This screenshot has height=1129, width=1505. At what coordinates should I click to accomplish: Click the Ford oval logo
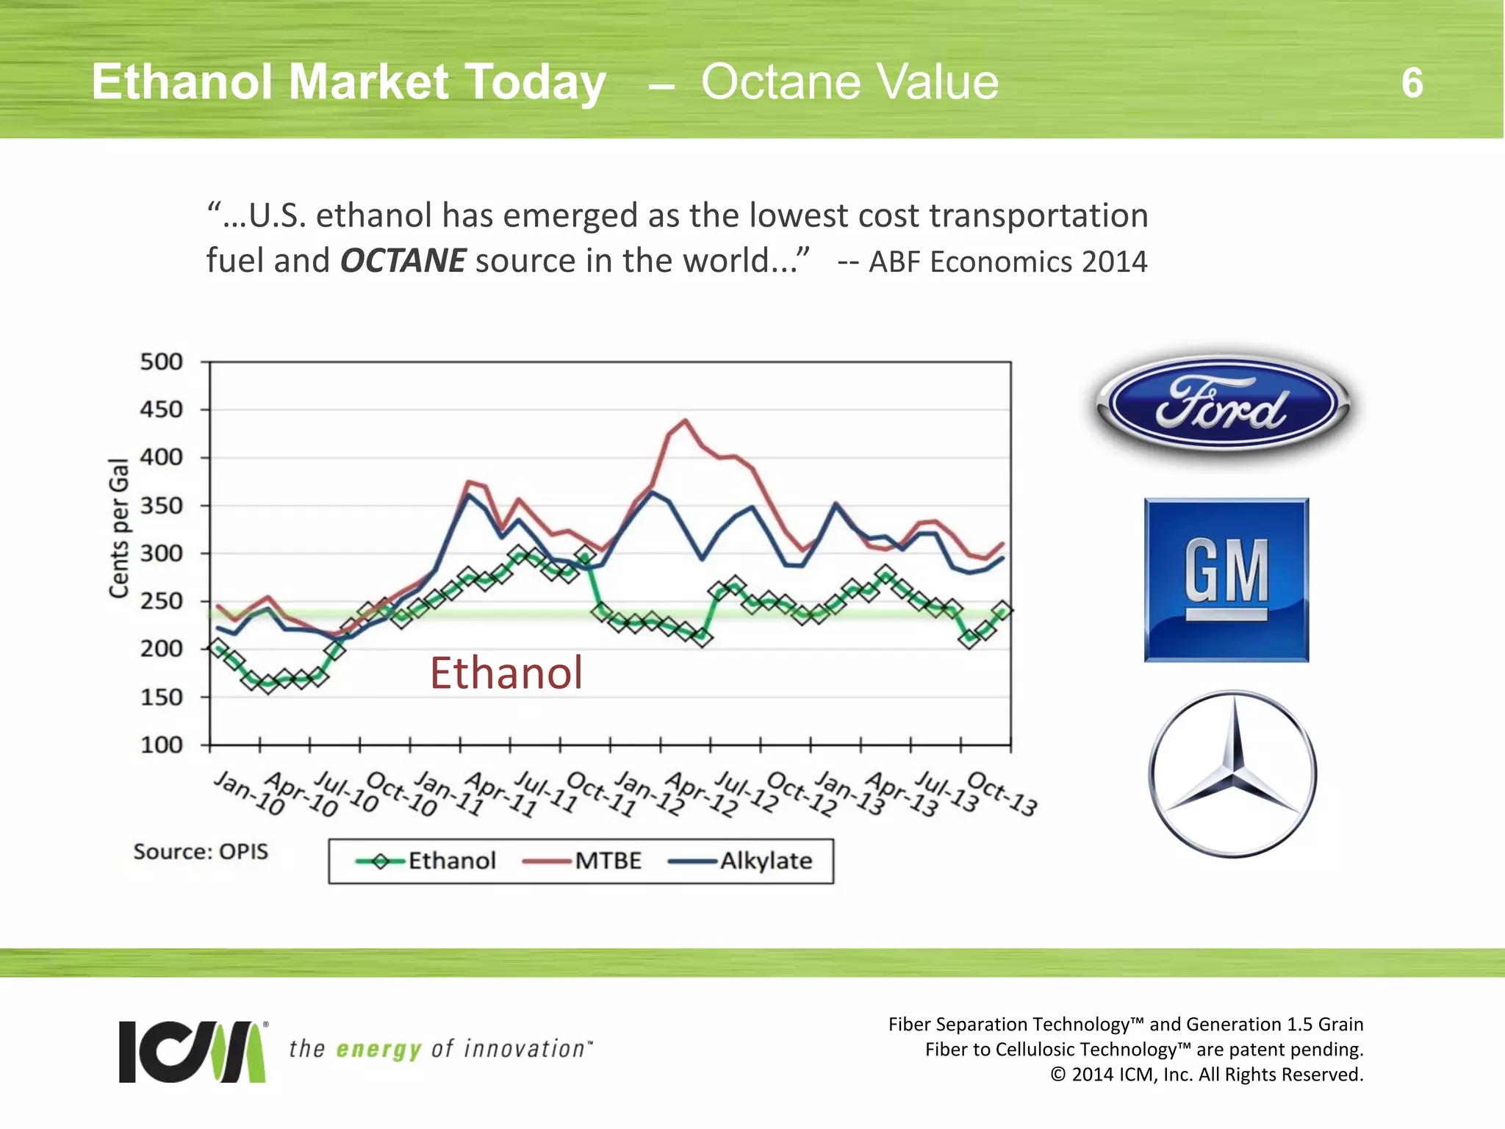(x=1223, y=406)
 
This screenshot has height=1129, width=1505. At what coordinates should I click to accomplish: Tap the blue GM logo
(x=1226, y=580)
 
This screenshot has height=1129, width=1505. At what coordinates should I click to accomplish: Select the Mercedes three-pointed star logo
(x=1233, y=773)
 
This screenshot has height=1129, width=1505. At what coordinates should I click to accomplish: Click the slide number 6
(x=1412, y=83)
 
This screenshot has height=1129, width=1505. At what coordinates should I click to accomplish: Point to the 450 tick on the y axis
(x=161, y=409)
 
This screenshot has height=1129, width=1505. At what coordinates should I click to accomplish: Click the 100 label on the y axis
(x=161, y=745)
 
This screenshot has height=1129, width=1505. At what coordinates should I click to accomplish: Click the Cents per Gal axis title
(x=119, y=527)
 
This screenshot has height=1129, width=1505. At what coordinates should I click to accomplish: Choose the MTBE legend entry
(x=607, y=861)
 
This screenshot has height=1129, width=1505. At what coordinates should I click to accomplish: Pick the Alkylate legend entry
(x=765, y=861)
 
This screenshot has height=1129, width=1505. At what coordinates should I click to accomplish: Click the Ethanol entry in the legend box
(x=451, y=861)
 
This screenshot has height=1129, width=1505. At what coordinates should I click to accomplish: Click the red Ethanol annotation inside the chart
(x=506, y=673)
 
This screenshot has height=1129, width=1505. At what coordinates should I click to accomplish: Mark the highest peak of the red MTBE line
(x=685, y=421)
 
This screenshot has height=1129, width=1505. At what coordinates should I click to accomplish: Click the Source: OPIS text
(x=201, y=851)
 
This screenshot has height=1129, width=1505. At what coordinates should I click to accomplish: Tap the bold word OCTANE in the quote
(x=403, y=261)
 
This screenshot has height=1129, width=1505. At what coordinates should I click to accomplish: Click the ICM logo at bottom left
(x=193, y=1051)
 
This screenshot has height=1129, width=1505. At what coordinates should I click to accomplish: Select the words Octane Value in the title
(x=850, y=82)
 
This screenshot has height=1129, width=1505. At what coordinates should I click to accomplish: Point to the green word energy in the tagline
(x=378, y=1049)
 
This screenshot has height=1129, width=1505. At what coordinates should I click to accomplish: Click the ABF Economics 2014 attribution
(x=1007, y=262)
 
